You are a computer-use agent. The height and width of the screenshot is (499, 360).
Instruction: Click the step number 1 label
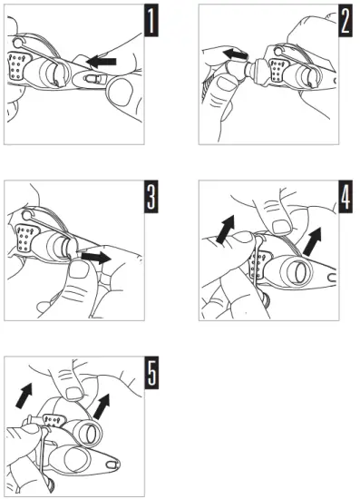tap(151, 21)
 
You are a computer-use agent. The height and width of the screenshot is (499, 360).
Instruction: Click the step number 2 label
tap(345, 21)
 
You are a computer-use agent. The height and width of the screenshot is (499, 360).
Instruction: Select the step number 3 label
tap(151, 197)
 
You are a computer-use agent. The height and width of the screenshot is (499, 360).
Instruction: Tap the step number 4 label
tap(345, 197)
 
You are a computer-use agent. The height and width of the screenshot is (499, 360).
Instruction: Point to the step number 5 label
tap(151, 373)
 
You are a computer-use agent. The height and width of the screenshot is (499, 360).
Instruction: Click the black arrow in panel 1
tap(102, 61)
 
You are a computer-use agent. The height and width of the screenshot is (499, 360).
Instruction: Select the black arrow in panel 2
tap(235, 54)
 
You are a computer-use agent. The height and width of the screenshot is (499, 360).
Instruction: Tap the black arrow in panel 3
tap(96, 257)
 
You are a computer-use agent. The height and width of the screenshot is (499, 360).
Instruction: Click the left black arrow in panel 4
tap(226, 230)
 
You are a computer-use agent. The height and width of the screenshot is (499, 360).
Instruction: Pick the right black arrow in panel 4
tap(313, 242)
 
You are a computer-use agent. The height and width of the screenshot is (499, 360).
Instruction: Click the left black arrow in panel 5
tap(24, 396)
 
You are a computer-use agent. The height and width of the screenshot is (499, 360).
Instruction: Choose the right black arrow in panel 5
tap(102, 406)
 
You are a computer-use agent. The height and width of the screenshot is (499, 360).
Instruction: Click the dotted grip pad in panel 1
tap(19, 66)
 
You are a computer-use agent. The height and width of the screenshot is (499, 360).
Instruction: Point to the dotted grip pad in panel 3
tap(25, 238)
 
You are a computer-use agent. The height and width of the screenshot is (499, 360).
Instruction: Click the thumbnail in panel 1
tap(120, 92)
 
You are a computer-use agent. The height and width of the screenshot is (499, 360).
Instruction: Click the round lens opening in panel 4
tap(300, 271)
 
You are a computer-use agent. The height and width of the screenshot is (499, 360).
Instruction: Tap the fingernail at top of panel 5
tap(74, 394)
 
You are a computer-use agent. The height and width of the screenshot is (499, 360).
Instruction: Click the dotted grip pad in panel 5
tap(54, 421)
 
